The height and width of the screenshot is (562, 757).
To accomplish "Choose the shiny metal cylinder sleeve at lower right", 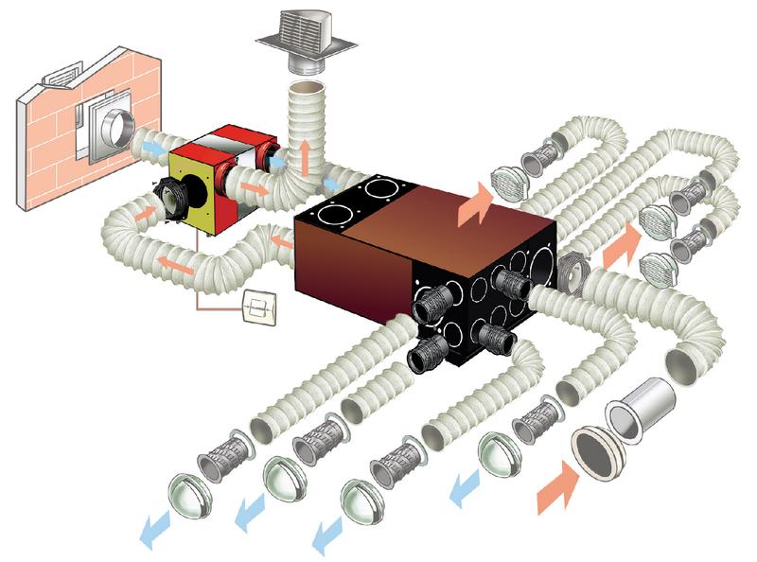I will (648, 397).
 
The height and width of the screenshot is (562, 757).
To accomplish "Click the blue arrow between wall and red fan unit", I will (154, 145).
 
